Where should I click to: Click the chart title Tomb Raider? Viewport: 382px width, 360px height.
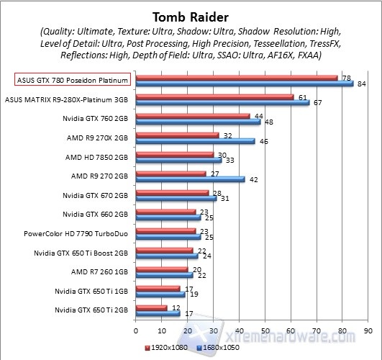coord(191,17)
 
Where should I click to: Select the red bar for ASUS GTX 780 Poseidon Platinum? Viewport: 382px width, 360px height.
coord(237,78)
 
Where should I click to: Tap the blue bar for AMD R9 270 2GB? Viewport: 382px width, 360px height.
coord(190,179)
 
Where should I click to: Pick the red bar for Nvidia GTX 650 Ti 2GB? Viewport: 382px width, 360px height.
coord(152,308)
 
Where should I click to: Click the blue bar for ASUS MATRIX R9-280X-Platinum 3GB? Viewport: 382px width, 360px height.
coord(223,102)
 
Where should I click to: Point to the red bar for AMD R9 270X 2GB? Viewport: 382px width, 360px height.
coord(178,135)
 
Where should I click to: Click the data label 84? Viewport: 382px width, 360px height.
coord(362,84)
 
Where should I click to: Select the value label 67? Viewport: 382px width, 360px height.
coord(317,103)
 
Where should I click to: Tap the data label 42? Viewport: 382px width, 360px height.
coord(254,180)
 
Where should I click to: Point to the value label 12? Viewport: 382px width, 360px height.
coord(176,308)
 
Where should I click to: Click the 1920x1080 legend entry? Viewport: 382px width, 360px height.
coord(166,348)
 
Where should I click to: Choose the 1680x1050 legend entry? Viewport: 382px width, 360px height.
coord(218,348)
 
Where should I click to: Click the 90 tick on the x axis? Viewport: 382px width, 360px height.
coord(368,331)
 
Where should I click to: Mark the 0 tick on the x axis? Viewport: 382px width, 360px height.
coord(136,331)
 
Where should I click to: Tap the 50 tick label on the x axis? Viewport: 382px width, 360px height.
coord(265,331)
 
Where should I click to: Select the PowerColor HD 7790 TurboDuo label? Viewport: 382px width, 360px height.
coord(76,234)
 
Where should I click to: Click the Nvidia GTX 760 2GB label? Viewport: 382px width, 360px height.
coord(95,119)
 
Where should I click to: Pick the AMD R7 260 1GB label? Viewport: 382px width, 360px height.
coord(99,271)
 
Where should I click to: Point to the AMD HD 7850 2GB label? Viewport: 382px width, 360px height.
coord(96,157)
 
